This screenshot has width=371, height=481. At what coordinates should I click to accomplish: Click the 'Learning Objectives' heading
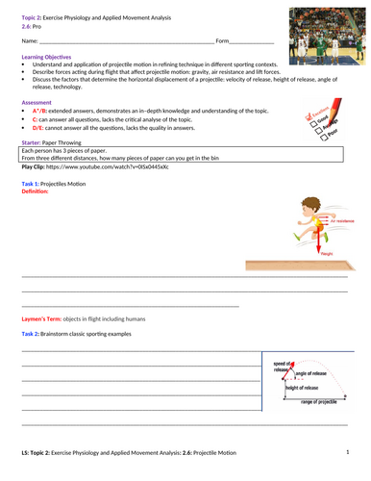point(46,58)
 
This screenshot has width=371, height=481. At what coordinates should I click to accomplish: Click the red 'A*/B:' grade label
point(43,111)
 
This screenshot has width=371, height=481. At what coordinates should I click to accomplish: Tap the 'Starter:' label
point(33,142)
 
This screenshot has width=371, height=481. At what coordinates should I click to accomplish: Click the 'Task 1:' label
point(33,183)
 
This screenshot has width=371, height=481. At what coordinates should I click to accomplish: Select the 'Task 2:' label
point(33,333)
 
